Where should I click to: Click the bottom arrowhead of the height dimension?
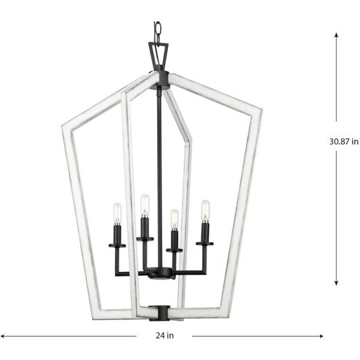(337, 284)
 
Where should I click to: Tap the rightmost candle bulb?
(205, 211)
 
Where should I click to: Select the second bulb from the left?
(145, 205)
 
